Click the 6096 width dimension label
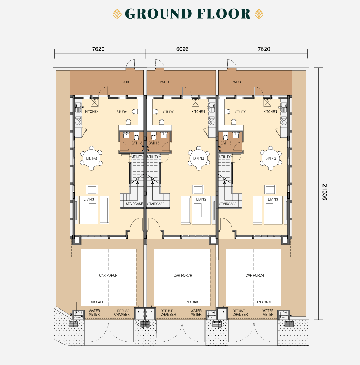(182, 49)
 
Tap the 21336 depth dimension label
(325, 192)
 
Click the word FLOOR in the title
(224, 14)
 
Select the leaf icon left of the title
(117, 14)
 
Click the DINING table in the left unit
(92, 158)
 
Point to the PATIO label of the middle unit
(164, 82)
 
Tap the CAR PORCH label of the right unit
(255, 276)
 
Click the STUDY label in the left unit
(122, 112)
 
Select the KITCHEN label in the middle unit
(198, 112)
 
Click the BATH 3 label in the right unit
(226, 143)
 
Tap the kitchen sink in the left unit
(78, 108)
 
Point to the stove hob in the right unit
(284, 120)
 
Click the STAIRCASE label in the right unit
(228, 204)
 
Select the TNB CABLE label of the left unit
(97, 302)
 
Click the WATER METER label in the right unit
(268, 312)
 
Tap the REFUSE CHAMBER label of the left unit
(122, 312)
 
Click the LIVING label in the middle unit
(201, 199)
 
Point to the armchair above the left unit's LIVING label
(92, 190)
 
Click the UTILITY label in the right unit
(225, 157)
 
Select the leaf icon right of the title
(259, 14)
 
